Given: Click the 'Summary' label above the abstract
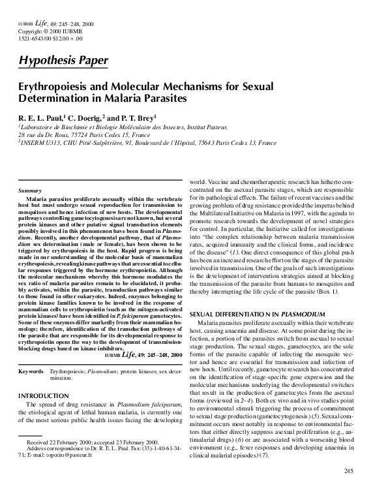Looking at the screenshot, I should [32, 190].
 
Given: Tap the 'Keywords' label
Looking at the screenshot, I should [31, 371].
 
